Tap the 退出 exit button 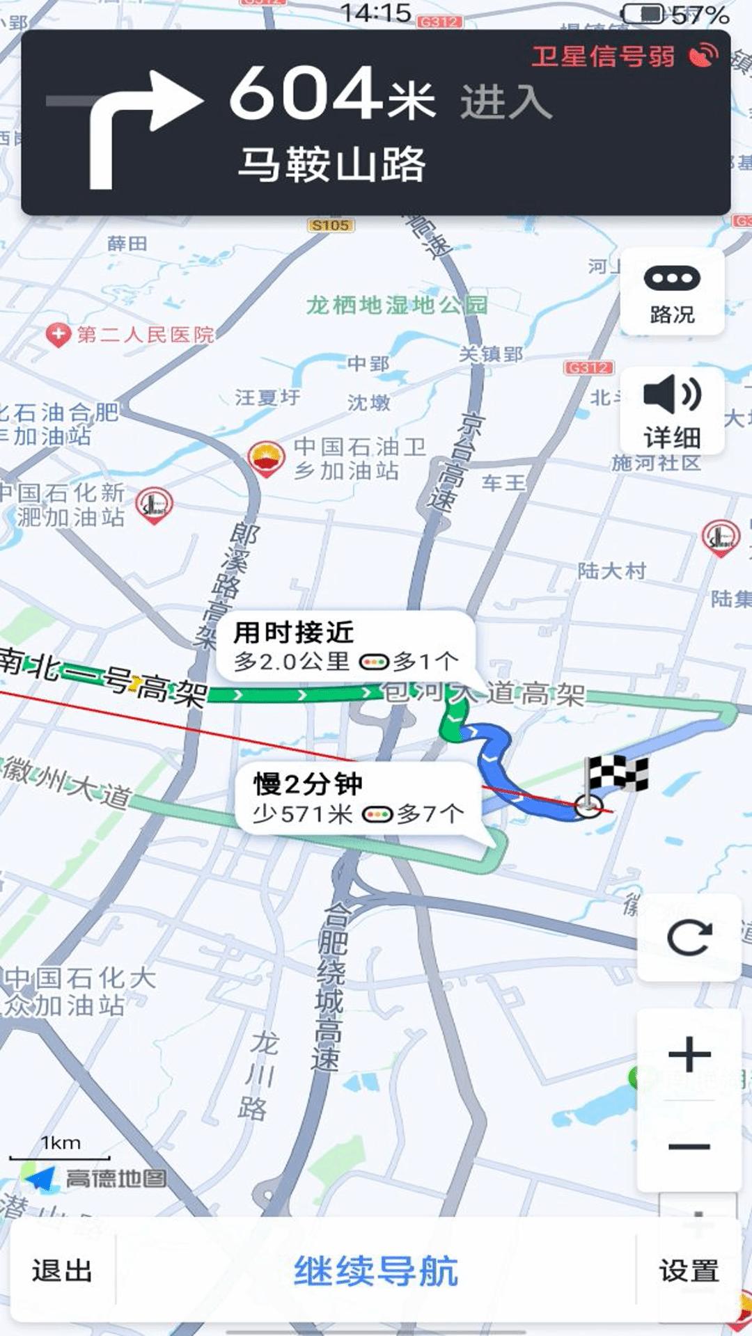pos(62,1271)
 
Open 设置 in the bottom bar pos(689,1271)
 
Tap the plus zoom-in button pos(689,1054)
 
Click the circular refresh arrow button pos(689,937)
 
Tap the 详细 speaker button pos(672,411)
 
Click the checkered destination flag pos(617,774)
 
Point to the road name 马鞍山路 pos(331,164)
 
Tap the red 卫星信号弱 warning pos(604,56)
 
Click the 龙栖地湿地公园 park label pos(397,305)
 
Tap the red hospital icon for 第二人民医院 pos(58,335)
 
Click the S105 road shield pos(330,225)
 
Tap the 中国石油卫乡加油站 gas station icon pos(267,458)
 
